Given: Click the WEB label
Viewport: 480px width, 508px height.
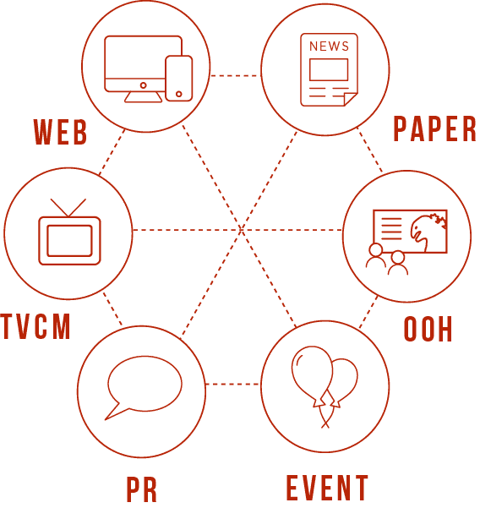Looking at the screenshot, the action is [x=61, y=132].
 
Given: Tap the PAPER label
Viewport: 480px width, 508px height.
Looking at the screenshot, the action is [x=434, y=128].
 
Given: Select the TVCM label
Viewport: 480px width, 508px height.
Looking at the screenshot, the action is [x=35, y=326].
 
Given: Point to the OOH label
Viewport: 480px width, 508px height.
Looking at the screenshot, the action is [x=428, y=329].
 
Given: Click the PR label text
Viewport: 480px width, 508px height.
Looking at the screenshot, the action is [x=141, y=489].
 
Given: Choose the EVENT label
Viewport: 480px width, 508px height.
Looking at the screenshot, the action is [x=327, y=488].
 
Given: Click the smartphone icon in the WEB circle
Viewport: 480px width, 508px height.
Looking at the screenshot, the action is [x=179, y=79].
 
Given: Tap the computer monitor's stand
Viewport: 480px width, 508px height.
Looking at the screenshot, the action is [x=143, y=97].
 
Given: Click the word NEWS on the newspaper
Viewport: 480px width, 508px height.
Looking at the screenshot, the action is [x=329, y=46].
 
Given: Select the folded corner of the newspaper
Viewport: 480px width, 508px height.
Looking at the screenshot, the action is [x=350, y=99].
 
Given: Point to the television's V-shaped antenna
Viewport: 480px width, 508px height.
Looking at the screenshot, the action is [x=68, y=208].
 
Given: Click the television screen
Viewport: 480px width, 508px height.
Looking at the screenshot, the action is [x=69, y=241].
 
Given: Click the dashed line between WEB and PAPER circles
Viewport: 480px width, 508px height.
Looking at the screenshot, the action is [x=236, y=76].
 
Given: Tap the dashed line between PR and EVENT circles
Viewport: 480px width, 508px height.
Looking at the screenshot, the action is [x=233, y=385].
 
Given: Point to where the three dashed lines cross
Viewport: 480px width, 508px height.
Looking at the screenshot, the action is [x=241, y=230].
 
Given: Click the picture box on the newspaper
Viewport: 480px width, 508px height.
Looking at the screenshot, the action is [x=329, y=69].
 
